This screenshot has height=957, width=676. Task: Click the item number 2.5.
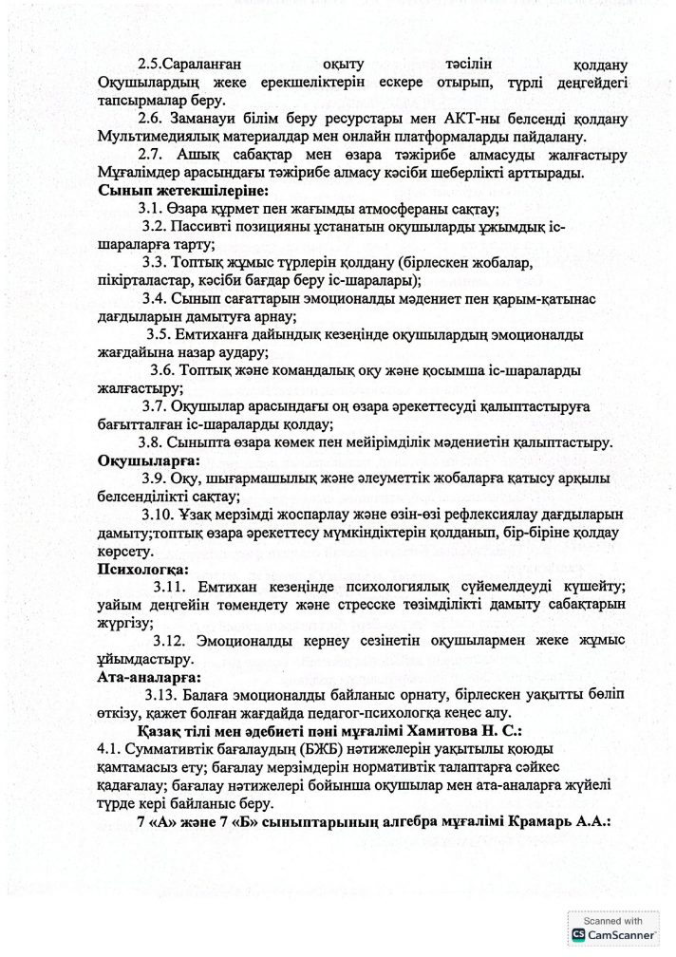pos(149,65)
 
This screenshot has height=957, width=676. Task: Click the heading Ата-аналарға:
pos(150,677)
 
